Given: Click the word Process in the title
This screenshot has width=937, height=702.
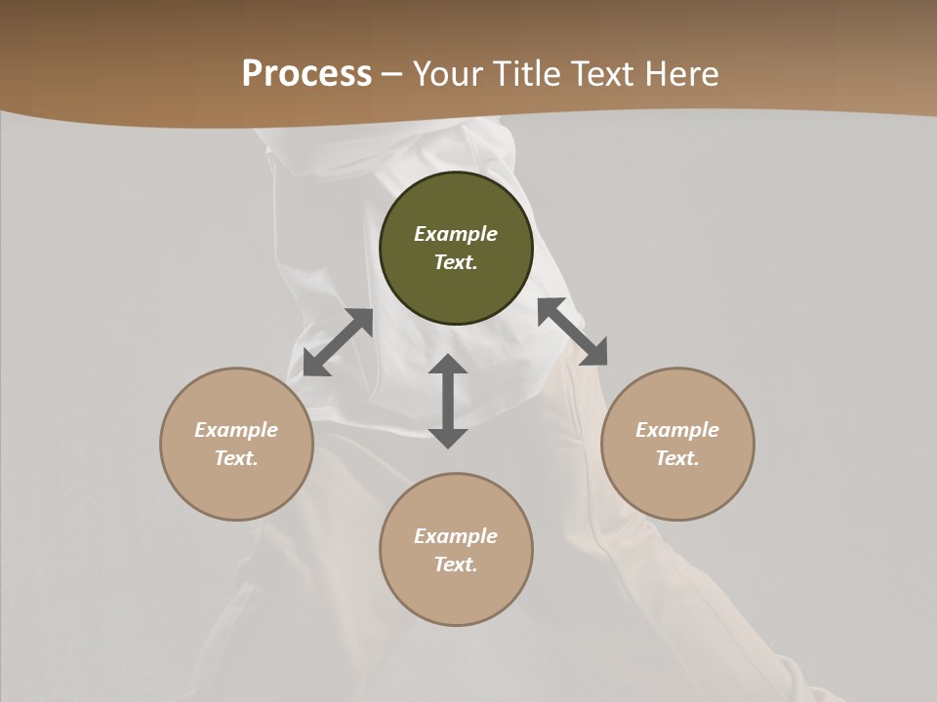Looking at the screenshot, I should [306, 74].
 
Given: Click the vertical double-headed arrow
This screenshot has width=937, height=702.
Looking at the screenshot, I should [448, 401].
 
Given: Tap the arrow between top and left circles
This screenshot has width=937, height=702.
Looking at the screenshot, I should [338, 342].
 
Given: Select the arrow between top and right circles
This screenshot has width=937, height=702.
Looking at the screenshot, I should [573, 331].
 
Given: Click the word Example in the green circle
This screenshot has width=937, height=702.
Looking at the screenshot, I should [456, 234].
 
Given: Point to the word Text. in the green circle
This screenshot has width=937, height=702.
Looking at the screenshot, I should [456, 262].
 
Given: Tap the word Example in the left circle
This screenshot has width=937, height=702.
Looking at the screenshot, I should [236, 430].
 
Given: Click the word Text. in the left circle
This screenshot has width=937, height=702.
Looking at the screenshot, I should [236, 458].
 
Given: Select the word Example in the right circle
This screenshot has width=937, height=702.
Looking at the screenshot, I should [677, 430].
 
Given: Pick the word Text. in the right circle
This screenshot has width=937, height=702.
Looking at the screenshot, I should [677, 458].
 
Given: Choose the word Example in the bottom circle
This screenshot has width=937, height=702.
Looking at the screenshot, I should [456, 536].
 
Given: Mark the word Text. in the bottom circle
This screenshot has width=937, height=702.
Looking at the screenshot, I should [456, 565].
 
